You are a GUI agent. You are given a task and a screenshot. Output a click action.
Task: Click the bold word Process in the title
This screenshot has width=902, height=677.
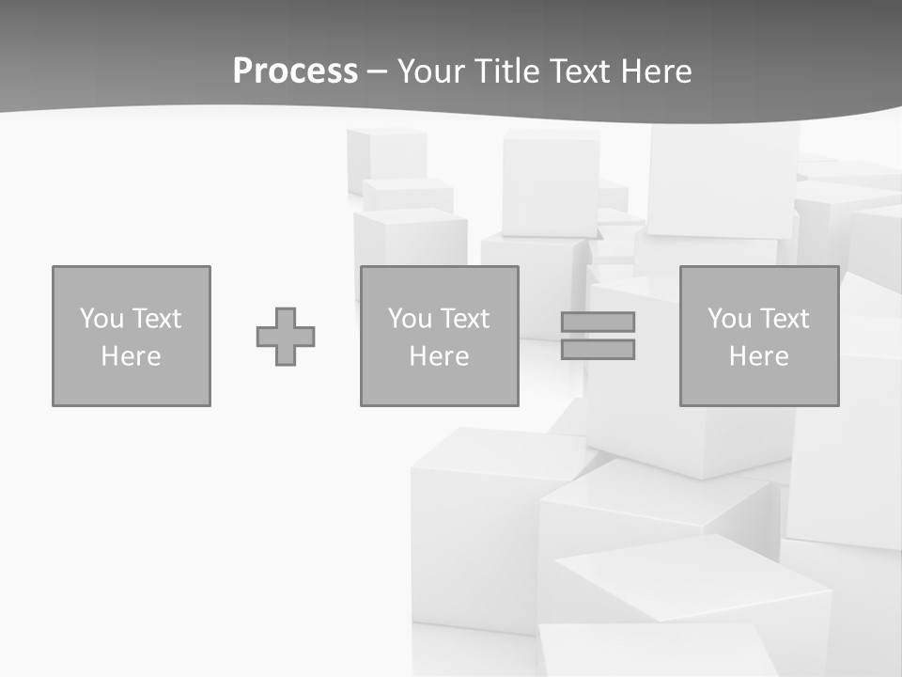coord(295,71)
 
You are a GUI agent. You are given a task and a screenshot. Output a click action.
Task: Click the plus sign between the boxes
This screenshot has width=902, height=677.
coord(286,336)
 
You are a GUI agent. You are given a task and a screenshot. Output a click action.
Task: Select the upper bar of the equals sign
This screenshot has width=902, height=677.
coord(598,322)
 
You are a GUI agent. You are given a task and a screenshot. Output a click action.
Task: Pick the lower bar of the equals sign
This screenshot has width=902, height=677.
coord(598,349)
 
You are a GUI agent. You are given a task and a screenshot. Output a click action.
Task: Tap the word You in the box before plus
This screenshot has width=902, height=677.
coord(101,319)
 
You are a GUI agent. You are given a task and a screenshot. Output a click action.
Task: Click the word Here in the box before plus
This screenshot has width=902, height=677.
coord(131,356)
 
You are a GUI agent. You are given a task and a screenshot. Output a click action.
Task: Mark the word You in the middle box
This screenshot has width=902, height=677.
coord(409,319)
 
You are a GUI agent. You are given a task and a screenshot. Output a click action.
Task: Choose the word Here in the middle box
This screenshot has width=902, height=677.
coord(439,356)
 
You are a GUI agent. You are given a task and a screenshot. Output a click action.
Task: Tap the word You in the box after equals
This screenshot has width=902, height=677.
coord(728,319)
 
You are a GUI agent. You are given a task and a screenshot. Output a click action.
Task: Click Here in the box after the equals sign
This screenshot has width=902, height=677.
coord(758,356)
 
